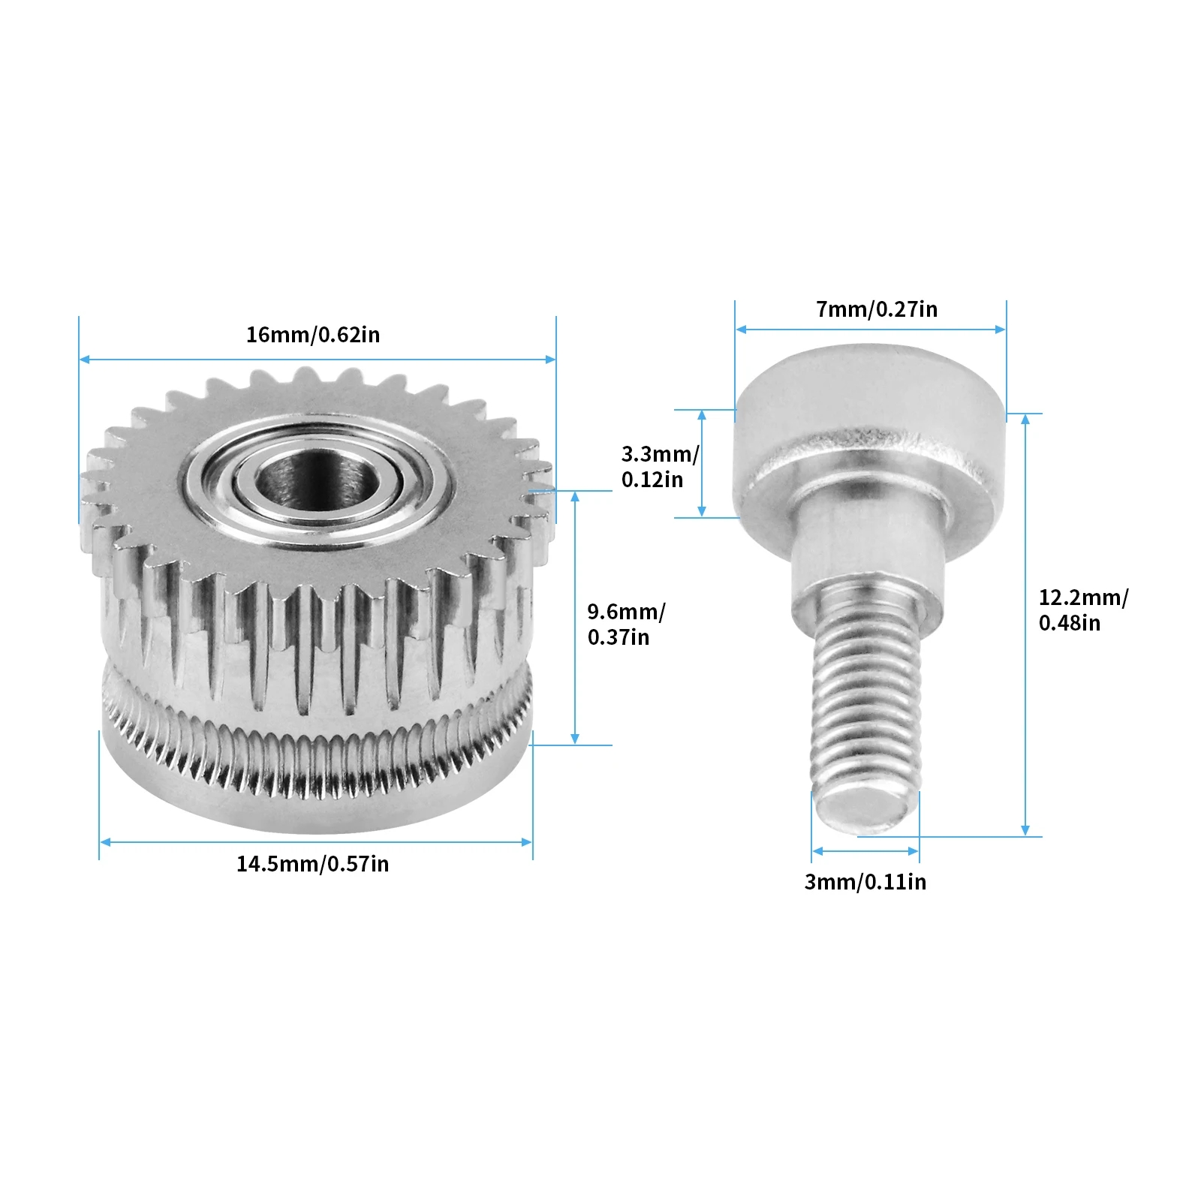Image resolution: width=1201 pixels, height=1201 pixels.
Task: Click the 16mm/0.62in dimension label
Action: click(x=313, y=334)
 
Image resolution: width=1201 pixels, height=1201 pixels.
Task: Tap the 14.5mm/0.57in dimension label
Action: click(x=313, y=864)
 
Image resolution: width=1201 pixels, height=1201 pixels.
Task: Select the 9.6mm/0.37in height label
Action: click(x=626, y=625)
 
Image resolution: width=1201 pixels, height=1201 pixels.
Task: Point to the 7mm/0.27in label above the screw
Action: click(x=877, y=309)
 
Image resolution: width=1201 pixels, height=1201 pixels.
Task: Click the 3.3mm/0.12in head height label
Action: click(x=660, y=467)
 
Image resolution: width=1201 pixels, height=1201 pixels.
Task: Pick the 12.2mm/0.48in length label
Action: click(x=1083, y=610)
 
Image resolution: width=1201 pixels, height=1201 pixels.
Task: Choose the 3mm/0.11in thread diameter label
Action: click(x=865, y=882)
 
